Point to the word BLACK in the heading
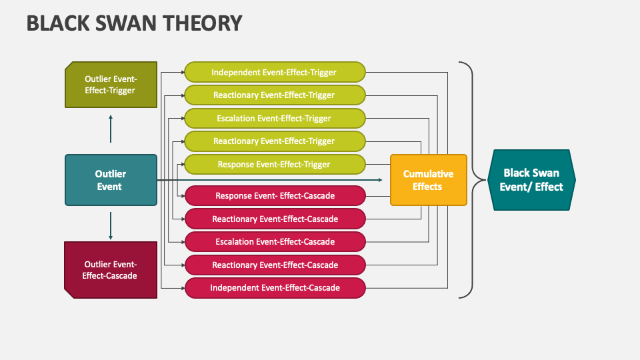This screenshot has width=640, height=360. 57,23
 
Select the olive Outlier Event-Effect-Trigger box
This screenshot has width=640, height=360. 111,85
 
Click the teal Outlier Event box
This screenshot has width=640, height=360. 111,180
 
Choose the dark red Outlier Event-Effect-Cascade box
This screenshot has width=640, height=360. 111,270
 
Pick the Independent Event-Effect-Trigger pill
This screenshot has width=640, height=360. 274,72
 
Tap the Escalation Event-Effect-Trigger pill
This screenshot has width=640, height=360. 274,119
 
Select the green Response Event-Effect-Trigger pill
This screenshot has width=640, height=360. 274,165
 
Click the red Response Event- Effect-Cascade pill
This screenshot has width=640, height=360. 274,196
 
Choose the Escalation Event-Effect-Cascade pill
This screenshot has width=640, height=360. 274,242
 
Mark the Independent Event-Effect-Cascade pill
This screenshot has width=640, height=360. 274,288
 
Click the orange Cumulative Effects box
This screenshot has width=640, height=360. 428,180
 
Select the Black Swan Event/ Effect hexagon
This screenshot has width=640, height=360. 531,180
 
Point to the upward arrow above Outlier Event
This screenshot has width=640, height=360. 111,128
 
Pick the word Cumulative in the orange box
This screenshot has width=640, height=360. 428,174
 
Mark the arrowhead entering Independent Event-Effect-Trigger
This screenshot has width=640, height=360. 181,72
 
